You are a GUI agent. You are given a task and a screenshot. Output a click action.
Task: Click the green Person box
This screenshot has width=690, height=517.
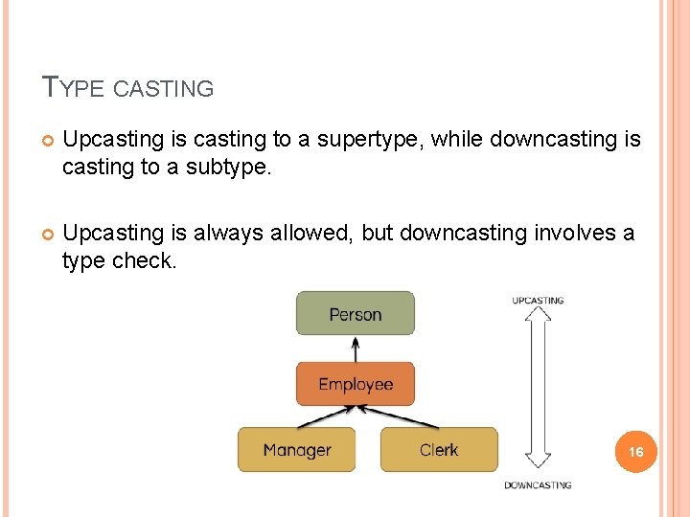click(355, 314)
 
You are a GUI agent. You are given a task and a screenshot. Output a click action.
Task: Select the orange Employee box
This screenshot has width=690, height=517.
click(355, 384)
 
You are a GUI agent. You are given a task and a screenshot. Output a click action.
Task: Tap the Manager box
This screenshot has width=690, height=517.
click(296, 450)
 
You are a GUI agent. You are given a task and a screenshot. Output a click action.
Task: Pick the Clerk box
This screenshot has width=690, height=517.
click(439, 450)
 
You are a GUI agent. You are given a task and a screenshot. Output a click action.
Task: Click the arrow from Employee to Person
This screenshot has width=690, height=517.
click(356, 348)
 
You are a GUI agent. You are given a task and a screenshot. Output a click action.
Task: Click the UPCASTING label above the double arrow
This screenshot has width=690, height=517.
click(538, 301)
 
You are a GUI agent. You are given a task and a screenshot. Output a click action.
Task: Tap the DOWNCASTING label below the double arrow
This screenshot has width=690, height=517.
click(538, 485)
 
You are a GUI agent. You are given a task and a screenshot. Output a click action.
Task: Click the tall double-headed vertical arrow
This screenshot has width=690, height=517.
click(538, 393)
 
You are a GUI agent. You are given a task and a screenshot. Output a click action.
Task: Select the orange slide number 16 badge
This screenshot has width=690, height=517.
click(635, 451)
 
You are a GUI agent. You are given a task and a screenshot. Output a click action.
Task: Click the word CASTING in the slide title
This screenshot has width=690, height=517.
click(164, 90)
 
